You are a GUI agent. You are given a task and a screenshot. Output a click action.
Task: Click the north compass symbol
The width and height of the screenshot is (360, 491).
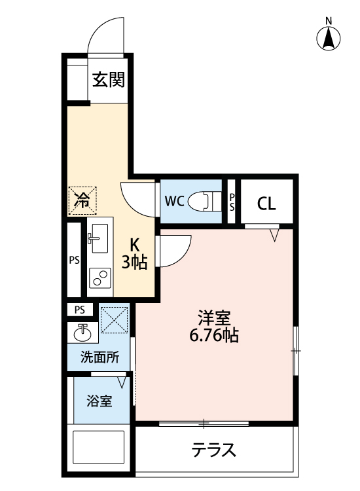tap(329, 37)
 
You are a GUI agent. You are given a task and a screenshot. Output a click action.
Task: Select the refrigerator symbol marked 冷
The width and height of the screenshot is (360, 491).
tap(82, 200)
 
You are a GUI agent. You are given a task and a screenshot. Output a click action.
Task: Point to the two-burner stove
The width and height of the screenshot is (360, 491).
tap(100, 278)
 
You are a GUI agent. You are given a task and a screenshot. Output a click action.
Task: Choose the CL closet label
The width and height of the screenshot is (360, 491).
tap(266, 203)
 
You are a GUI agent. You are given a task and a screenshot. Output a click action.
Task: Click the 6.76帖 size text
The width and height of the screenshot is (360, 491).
tap(215, 336)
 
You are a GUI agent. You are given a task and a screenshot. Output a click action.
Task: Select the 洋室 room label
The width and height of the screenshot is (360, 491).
tap(214, 318)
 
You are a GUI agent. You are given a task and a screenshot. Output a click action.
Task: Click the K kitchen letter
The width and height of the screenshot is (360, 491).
tap(135, 245)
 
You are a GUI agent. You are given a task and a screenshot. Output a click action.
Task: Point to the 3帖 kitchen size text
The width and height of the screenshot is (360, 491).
tap(135, 263)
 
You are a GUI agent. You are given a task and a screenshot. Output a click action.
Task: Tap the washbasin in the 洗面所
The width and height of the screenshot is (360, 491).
tap(82, 333)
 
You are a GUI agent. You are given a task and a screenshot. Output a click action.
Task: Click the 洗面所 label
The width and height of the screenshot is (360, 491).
tap(99, 358)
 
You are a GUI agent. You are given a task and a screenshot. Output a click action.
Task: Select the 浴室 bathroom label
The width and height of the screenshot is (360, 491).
tap(99, 401)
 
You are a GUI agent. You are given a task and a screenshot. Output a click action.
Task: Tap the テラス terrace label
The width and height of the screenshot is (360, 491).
tap(214, 450)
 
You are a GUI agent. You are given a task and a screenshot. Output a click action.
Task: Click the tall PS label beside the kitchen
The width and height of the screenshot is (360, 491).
tap(74, 260)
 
